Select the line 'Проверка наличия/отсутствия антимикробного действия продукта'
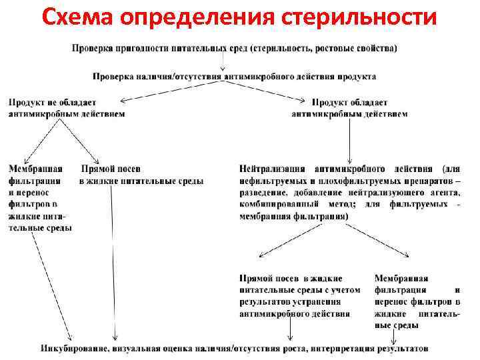coord(234,77)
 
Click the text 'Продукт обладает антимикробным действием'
coord(349,107)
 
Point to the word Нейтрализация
coord(273,169)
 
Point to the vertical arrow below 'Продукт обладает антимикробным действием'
coord(352,140)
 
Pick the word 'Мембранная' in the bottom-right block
coord(401,278)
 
